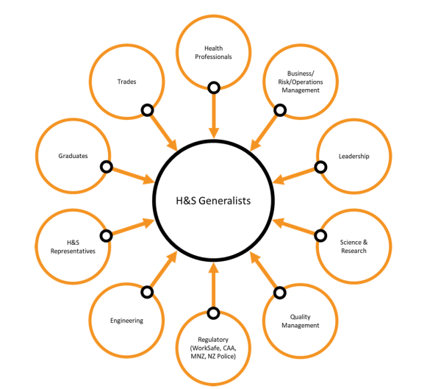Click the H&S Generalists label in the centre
(213, 199)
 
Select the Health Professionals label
(213, 53)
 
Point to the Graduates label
(73, 156)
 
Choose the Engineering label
(126, 321)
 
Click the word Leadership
(354, 156)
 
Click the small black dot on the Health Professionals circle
(213, 88)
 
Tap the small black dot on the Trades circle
(147, 110)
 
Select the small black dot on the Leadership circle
(320, 167)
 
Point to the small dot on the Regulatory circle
(213, 313)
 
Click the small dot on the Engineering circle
(147, 292)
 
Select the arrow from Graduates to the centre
(132, 174)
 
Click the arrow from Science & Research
(296, 227)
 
